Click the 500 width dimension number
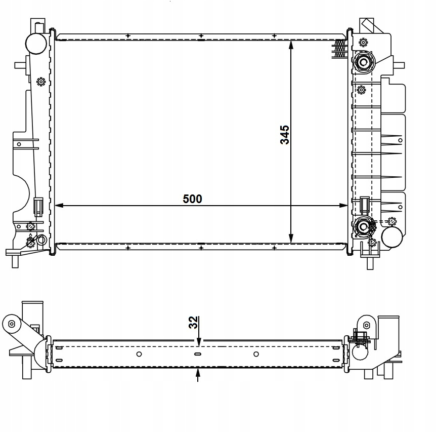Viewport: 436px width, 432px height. coord(192,199)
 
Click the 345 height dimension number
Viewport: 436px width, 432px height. coord(285,135)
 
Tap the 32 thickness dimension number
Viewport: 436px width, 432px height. coord(194,322)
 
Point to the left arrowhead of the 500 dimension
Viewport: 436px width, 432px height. coord(59,206)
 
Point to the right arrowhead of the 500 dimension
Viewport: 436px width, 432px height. coord(343,206)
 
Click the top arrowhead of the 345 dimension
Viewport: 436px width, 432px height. coord(291,45)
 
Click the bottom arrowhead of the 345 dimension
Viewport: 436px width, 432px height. coord(291,238)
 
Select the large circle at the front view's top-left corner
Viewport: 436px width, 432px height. coord(36,44)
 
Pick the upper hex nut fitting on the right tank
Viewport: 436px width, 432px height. coord(363,62)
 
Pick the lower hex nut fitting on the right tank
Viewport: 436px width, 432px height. coord(363,227)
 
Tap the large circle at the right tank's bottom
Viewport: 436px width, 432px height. coord(392,237)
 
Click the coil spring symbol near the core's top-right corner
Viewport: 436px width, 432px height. coord(340,49)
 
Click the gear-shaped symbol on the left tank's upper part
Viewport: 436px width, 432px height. coord(41,82)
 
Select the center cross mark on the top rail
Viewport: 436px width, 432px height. coord(201,35)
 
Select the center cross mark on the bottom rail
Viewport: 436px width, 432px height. coord(201,248)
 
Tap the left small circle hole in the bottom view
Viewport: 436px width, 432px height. coord(139,354)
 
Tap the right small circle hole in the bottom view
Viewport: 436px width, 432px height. coord(256,354)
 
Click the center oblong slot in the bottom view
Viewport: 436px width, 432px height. coord(198,354)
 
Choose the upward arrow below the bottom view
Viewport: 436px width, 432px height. coord(198,375)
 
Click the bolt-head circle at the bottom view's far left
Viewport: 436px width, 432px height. coord(12,324)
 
